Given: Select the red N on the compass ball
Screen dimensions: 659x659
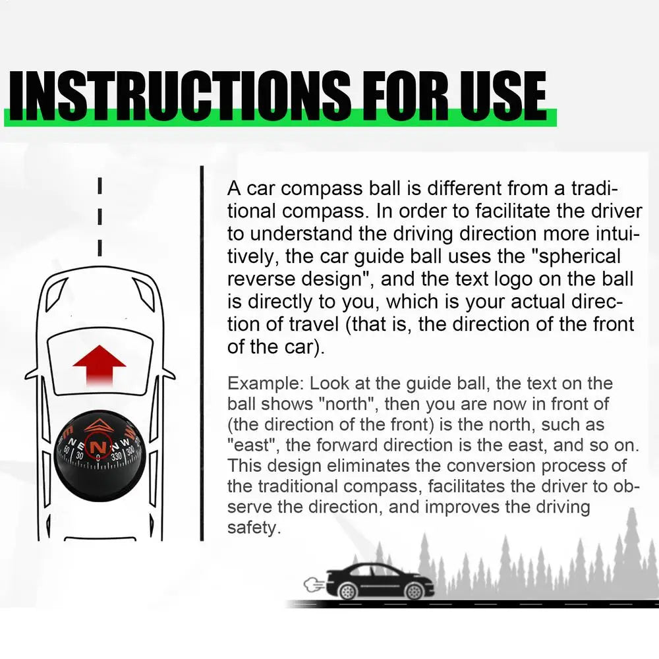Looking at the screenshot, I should (x=98, y=445).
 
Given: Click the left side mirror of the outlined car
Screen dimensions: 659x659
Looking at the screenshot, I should (x=32, y=374).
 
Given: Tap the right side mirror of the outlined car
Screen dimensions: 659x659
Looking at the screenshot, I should (x=168, y=374).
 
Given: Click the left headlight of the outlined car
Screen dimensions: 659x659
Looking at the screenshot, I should (x=55, y=293).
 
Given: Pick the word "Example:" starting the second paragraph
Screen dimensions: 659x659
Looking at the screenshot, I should (x=266, y=384).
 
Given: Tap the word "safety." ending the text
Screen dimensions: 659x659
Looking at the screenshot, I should (x=254, y=527).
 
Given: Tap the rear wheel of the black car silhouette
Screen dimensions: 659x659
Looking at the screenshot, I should (x=347, y=591).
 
